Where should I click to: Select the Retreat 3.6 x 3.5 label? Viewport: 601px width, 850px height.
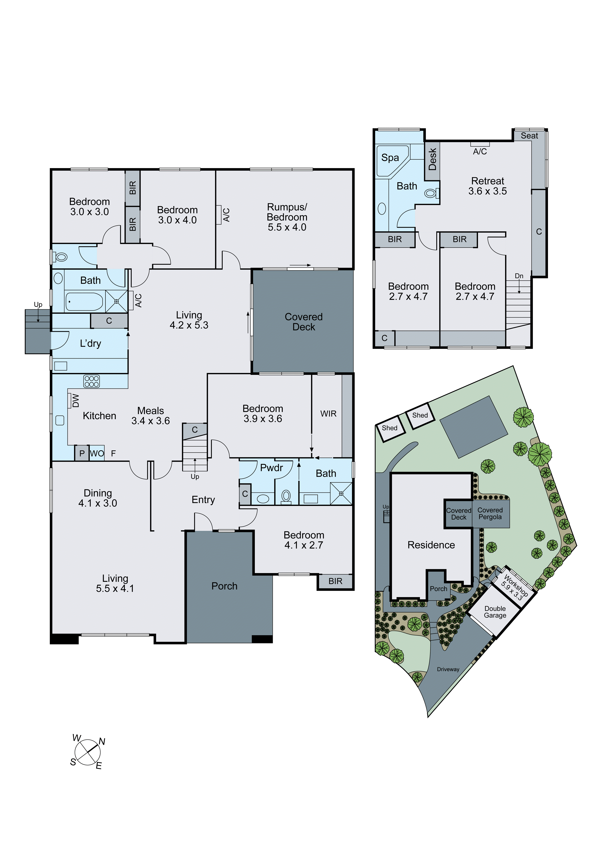[x=487, y=186]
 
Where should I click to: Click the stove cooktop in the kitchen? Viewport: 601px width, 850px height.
[x=91, y=381]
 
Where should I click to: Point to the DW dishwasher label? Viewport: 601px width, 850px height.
[x=76, y=400]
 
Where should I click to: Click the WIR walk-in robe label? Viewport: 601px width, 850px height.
[x=328, y=414]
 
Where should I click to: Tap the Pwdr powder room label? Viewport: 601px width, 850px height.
[x=271, y=468]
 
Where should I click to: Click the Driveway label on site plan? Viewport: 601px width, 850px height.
[x=448, y=669]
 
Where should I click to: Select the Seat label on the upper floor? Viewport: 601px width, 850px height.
[x=529, y=136]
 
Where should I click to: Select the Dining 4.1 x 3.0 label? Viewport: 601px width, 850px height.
[x=98, y=498]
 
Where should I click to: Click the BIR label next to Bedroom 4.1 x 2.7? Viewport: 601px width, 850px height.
[x=335, y=581]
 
